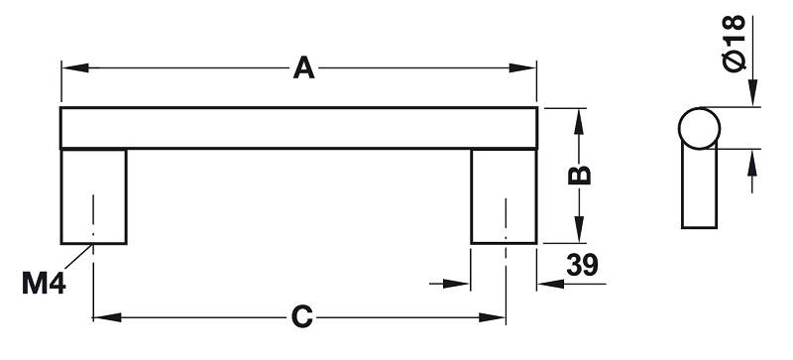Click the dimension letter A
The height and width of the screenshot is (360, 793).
[303, 67]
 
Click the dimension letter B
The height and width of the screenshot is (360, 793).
[580, 176]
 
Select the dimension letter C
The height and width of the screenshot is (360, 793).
[302, 317]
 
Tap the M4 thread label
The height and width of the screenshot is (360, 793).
[44, 283]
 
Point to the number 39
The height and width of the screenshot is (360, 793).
[582, 265]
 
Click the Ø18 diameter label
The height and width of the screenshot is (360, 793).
[735, 44]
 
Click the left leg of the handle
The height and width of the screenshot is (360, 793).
[93, 196]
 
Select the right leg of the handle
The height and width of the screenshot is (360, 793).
[504, 196]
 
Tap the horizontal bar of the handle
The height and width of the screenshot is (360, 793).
[299, 128]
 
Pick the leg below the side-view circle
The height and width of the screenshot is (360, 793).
[700, 186]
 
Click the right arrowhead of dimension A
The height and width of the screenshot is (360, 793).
[522, 67]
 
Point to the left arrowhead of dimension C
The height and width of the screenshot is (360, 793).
[107, 317]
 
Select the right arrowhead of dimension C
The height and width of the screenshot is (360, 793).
[492, 317]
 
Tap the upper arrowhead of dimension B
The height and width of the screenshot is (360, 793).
[580, 122]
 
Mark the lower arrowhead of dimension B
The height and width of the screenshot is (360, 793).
[580, 230]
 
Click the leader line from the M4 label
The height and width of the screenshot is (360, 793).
[78, 257]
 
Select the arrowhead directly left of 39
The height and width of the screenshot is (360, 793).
[551, 284]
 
